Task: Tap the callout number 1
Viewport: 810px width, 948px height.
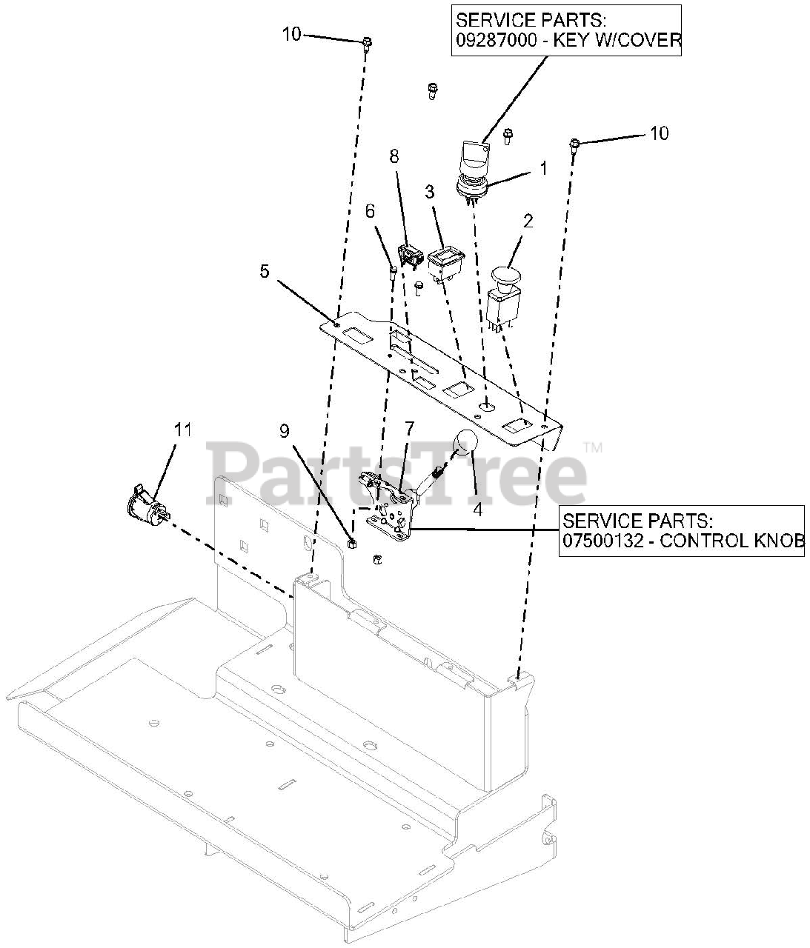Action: point(542,169)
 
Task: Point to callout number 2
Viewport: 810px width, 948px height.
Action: point(528,221)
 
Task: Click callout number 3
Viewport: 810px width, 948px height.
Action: point(429,192)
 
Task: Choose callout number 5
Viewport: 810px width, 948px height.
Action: point(265,271)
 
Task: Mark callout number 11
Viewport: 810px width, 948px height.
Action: point(182,430)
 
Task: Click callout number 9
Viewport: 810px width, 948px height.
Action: point(285,430)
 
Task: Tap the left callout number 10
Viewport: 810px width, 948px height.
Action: point(292,33)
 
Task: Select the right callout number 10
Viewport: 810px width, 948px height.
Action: point(659,133)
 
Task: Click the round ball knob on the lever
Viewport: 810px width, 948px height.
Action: point(464,441)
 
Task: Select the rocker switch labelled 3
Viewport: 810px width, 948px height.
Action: point(445,264)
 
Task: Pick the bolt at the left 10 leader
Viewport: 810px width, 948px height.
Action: point(367,44)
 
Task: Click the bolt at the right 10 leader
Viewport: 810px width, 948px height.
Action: point(574,143)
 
